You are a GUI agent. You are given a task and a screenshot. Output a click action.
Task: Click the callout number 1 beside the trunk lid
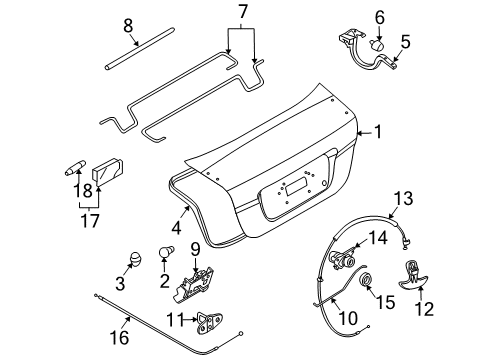(x=377, y=132)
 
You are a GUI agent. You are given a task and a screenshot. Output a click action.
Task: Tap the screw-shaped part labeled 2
(x=167, y=255)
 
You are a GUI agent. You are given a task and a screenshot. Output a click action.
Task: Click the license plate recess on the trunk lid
(x=295, y=185)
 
